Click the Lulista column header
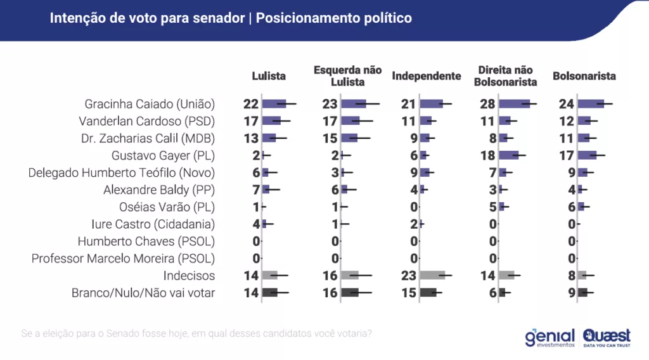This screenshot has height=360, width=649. (269, 76)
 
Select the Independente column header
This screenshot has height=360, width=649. (426, 76)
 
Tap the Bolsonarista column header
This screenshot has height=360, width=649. (584, 76)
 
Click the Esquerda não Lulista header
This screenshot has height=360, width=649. (347, 76)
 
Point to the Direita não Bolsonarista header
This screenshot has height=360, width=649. (505, 76)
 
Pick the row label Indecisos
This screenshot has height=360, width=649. (189, 276)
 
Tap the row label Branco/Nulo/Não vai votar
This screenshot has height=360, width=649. (143, 293)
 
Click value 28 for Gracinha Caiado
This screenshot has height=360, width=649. (488, 104)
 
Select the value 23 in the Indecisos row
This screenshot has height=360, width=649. (409, 276)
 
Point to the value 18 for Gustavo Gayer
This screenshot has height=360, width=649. (488, 155)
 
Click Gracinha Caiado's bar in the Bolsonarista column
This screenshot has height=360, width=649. (591, 104)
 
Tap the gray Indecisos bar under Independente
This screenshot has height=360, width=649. (432, 276)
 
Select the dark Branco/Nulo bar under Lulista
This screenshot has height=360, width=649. (270, 293)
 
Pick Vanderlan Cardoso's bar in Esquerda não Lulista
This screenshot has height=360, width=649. (350, 121)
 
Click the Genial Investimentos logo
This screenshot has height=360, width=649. (549, 337)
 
